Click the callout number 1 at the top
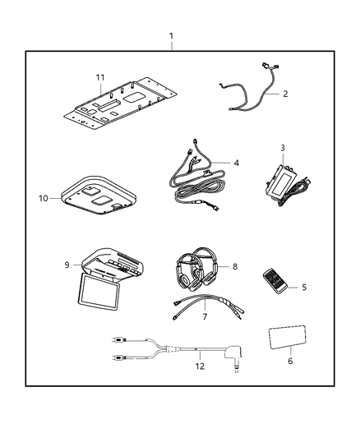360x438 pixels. click(171, 36)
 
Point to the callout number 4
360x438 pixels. click(237, 163)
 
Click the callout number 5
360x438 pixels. click(303, 287)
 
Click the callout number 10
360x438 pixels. click(43, 198)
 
